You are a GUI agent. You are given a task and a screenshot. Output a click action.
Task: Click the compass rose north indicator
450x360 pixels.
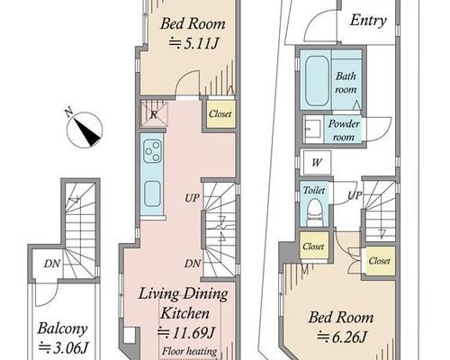85,129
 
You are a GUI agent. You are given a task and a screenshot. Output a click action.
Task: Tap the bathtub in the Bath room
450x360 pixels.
317,81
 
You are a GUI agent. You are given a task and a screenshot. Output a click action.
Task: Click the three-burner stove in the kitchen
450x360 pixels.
152,151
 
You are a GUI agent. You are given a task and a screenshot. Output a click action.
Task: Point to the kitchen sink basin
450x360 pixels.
152,193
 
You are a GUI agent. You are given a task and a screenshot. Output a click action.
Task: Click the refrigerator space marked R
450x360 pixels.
154,114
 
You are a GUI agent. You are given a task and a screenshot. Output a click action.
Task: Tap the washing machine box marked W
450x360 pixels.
317,163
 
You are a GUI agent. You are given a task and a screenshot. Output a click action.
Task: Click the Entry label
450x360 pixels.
368,21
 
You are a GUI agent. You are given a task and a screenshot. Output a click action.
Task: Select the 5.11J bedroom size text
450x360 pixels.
193,44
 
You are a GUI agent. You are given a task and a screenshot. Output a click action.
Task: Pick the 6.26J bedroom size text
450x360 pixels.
342,337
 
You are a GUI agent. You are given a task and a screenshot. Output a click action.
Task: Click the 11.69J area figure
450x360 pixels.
186,332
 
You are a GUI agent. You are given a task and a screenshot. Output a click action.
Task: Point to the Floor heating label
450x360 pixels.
189,351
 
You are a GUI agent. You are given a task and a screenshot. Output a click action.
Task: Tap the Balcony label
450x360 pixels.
62,328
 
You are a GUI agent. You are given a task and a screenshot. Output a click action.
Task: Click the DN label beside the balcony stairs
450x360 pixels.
52,264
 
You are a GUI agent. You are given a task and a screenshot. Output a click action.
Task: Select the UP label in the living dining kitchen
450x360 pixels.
192,198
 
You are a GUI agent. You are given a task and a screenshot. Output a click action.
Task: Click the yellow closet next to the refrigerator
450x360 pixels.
220,114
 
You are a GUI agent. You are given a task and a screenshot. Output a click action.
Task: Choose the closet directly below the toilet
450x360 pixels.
314,246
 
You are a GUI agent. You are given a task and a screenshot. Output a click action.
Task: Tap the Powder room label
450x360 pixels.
344,130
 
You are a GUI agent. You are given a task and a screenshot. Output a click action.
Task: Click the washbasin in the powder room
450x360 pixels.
312,130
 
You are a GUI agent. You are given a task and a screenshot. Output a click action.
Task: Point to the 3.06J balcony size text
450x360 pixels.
64,348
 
